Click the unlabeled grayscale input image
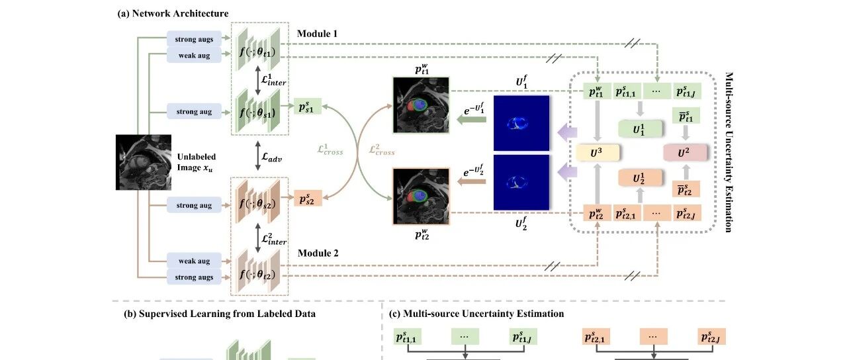(144, 162)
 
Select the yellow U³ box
(598, 153)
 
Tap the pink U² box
(685, 152)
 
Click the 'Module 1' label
(317, 34)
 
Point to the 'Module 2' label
(318, 253)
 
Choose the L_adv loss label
(272, 157)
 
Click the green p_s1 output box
(308, 107)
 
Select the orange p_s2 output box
(308, 198)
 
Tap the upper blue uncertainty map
(521, 123)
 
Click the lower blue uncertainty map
(521, 182)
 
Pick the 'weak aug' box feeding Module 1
(194, 55)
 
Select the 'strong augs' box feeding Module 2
(194, 277)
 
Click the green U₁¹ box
(641, 129)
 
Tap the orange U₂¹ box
(641, 178)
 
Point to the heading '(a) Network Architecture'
(173, 14)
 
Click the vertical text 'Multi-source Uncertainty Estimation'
(729, 152)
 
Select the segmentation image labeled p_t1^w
(422, 105)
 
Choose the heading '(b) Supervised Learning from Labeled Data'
(220, 314)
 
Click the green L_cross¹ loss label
(330, 150)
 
